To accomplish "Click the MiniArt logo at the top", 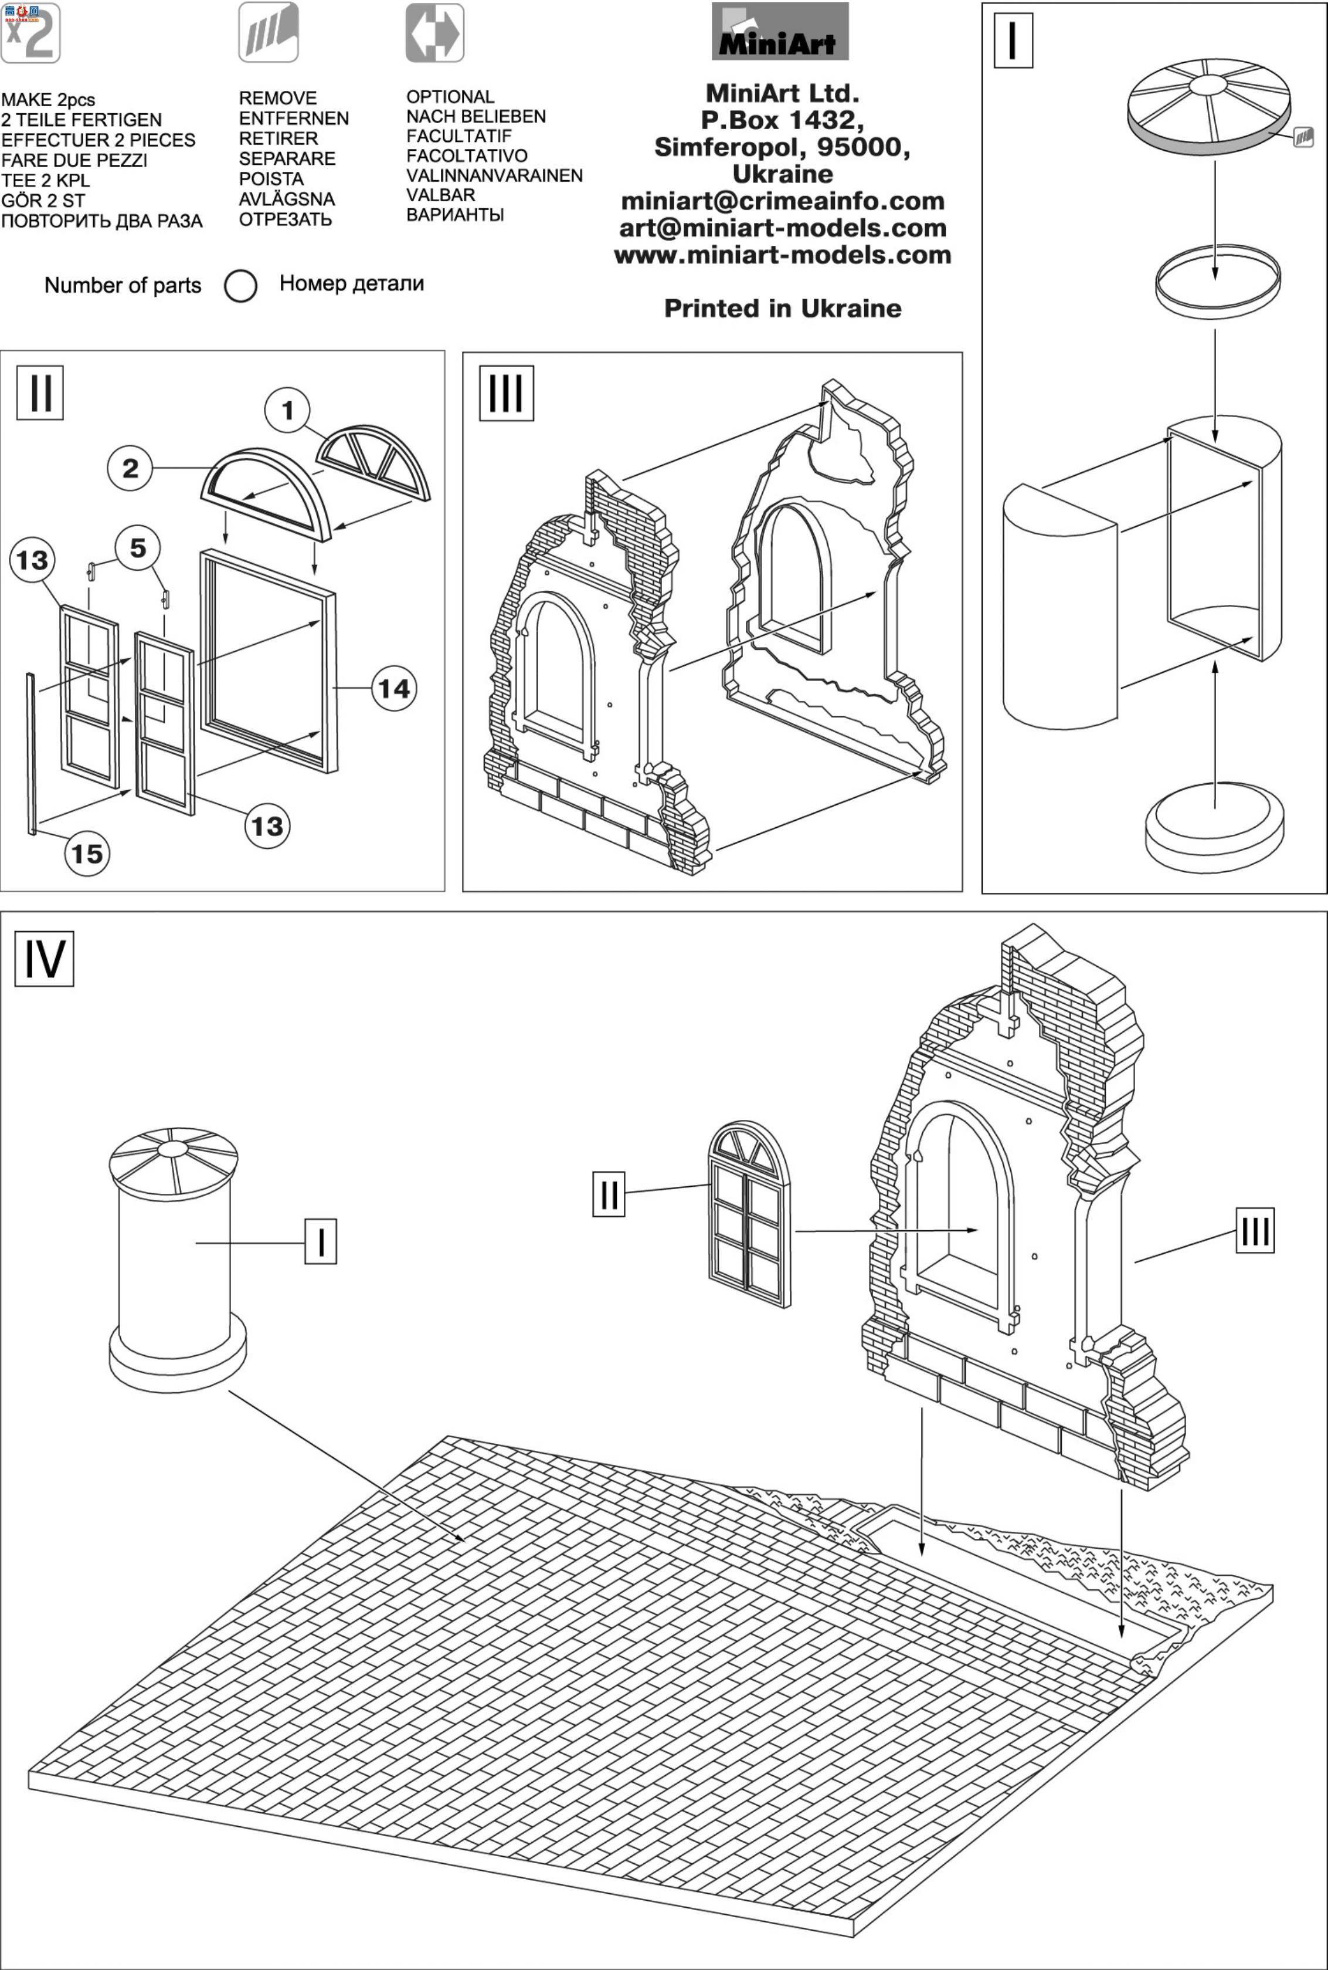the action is click(780, 31).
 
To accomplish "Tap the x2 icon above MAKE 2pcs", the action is click(30, 33).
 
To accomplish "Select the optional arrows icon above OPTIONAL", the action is click(434, 32).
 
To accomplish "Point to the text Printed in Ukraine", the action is click(783, 309).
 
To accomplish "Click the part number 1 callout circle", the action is click(287, 411).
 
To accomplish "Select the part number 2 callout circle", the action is click(130, 469).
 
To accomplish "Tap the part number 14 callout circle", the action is click(394, 688).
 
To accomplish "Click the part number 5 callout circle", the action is click(137, 548).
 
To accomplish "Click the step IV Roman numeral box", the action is click(44, 959).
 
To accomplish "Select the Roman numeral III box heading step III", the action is click(507, 393).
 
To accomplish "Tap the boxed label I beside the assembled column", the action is click(321, 1241).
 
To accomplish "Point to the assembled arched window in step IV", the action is click(749, 1214).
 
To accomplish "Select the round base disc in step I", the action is click(1214, 828).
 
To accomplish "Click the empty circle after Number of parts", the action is click(240, 286).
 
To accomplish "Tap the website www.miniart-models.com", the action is click(783, 255).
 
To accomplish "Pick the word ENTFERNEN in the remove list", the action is click(294, 119).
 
